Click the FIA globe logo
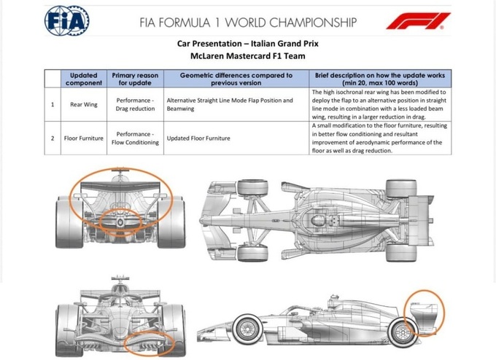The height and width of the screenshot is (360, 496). pyautogui.click(x=67, y=21)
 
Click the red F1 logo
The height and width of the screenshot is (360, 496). pyautogui.click(x=418, y=21)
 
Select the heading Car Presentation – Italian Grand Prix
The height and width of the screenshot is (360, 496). pyautogui.click(x=248, y=44)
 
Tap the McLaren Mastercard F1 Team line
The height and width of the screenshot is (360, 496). pyautogui.click(x=248, y=56)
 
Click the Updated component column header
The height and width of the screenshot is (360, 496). pyautogui.click(x=84, y=79)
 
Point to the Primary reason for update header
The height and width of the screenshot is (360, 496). pyautogui.click(x=135, y=79)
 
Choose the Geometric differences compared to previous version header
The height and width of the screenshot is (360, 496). pyautogui.click(x=236, y=79)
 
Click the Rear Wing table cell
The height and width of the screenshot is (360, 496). pyautogui.click(x=84, y=105)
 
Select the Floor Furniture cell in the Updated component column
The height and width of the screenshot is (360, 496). pyautogui.click(x=84, y=138)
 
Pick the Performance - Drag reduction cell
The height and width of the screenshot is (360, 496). pyautogui.click(x=135, y=104)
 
